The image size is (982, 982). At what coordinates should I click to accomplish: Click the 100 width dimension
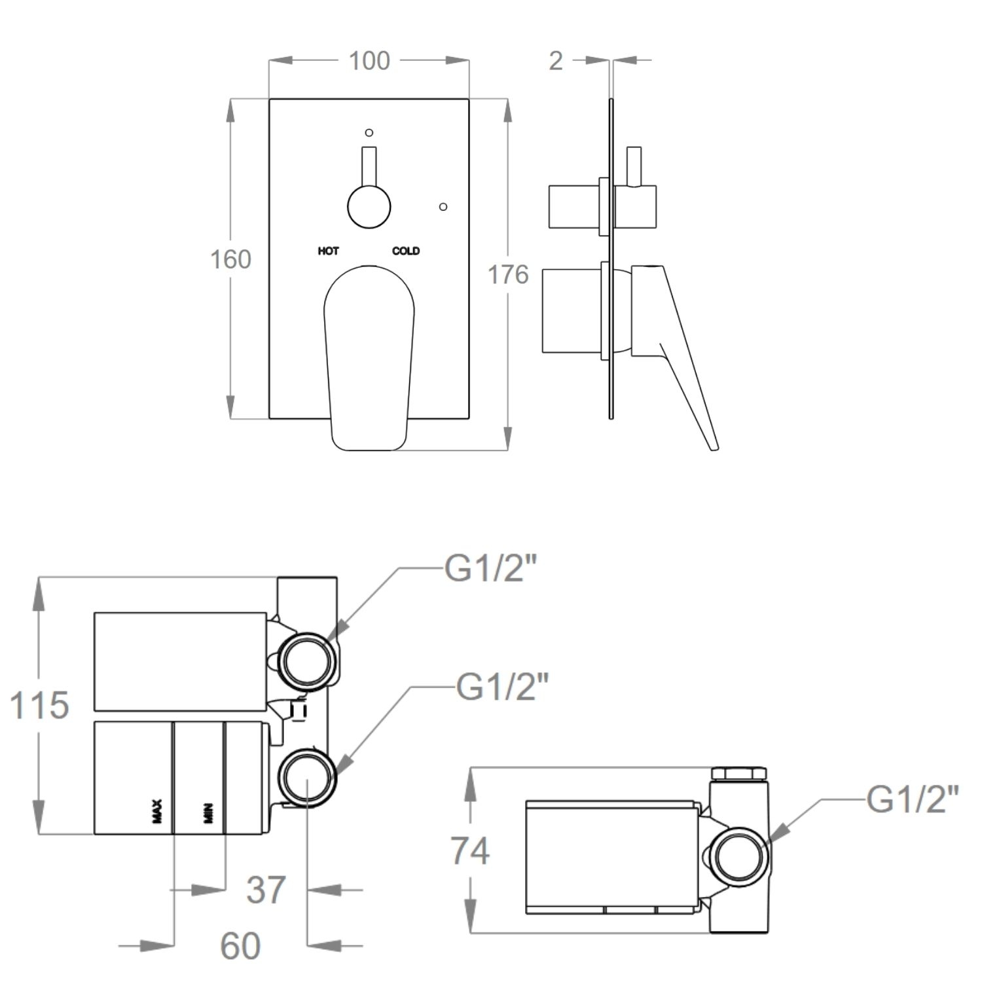coord(369,61)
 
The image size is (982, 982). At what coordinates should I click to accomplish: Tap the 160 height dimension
coord(230,259)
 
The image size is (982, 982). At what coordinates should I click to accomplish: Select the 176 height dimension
coord(508,274)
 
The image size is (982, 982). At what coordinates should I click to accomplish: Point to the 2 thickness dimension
coord(556,61)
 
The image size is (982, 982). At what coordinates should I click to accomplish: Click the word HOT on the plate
coord(328,251)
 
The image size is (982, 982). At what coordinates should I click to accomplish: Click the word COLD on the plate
coord(406,251)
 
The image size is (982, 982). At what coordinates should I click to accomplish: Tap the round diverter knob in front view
coord(369,207)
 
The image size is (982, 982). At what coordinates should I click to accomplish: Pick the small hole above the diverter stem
coord(369,133)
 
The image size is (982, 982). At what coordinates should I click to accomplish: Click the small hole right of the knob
coord(443,207)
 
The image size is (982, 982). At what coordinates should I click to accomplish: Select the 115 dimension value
coord(39,705)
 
